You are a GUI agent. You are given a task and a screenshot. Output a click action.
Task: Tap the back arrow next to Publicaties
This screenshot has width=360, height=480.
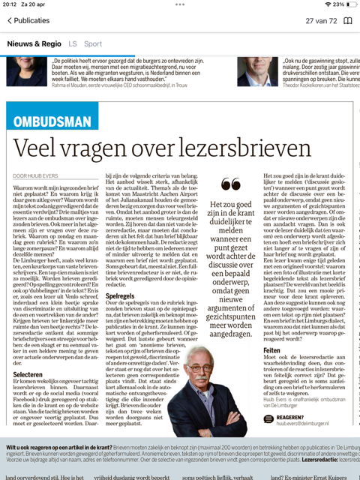[x=10, y=21]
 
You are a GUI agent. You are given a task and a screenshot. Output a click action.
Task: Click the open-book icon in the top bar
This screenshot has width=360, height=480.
[x=347, y=21]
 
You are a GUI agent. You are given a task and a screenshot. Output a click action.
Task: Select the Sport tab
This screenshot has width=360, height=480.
[x=93, y=44]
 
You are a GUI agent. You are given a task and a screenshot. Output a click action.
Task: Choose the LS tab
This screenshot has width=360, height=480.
[x=73, y=44]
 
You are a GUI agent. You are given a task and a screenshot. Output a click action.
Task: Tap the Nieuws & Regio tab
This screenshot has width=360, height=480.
[x=34, y=44]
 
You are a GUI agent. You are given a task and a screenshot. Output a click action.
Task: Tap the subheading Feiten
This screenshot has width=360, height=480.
[x=271, y=349]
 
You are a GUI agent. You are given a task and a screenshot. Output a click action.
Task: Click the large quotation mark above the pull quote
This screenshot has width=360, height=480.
[x=232, y=184]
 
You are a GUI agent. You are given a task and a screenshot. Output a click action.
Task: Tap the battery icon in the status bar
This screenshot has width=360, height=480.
[x=346, y=4]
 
